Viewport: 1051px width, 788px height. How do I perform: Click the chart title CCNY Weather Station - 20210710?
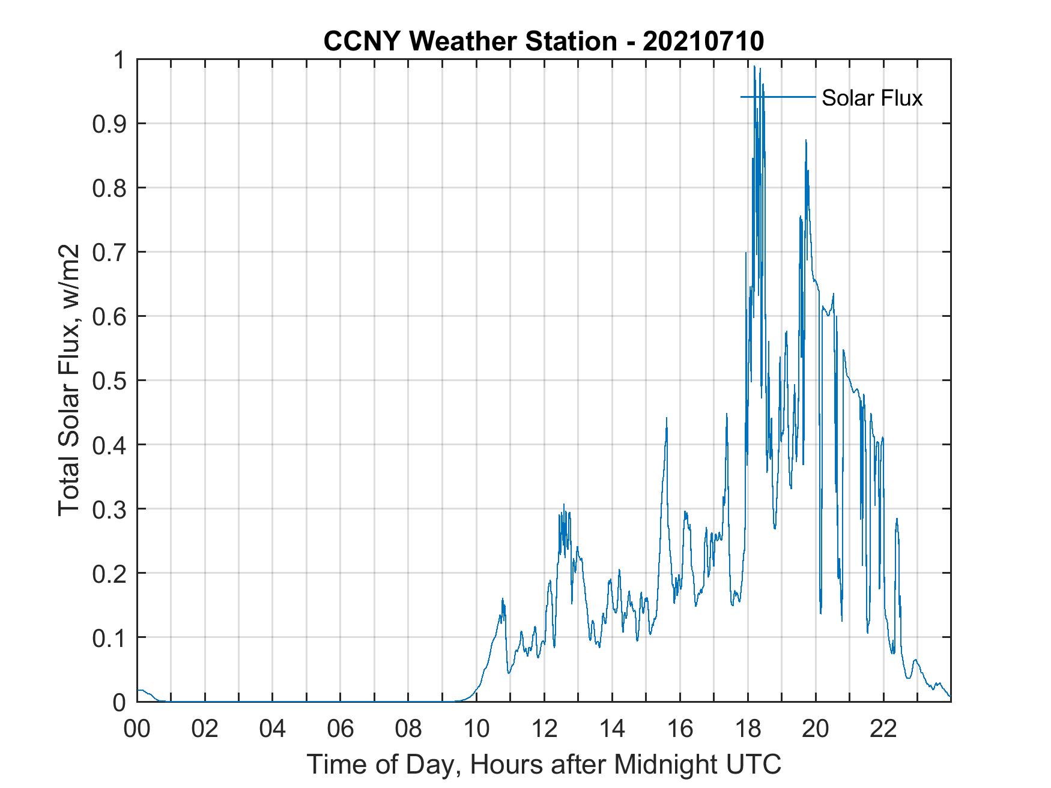coord(544,41)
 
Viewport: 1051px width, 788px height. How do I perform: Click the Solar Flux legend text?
coord(871,98)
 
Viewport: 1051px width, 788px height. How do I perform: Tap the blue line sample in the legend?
coord(778,97)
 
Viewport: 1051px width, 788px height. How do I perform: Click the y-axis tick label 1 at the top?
coord(121,60)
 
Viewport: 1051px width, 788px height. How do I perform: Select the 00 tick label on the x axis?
coord(137,729)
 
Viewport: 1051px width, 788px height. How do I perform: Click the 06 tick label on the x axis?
coord(341,729)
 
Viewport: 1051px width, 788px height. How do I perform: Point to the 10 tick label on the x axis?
coord(476,729)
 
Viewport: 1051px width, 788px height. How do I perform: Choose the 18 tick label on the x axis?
coord(748,729)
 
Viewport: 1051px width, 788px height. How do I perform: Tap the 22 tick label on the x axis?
coord(883,729)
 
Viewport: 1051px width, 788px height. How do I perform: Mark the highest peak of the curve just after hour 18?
coord(754,67)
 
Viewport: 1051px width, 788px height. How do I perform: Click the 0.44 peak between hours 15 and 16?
coord(667,418)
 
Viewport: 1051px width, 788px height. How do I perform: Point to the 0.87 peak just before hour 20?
coord(806,140)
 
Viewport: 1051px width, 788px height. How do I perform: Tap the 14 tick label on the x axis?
coord(612,729)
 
